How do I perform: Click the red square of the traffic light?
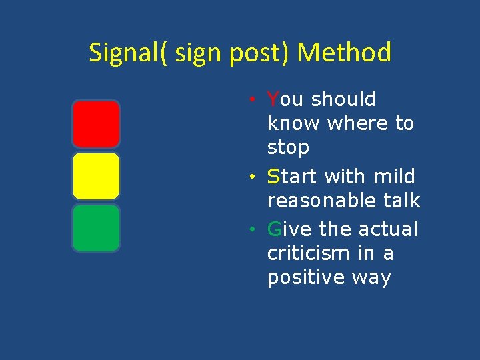(x=96, y=124)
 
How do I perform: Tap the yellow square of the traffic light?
(x=96, y=176)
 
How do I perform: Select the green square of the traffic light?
(x=96, y=228)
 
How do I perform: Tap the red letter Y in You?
(x=273, y=99)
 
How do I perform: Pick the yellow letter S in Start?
(x=273, y=177)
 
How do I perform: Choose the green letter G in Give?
(x=274, y=229)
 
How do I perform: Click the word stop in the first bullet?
(x=288, y=147)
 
